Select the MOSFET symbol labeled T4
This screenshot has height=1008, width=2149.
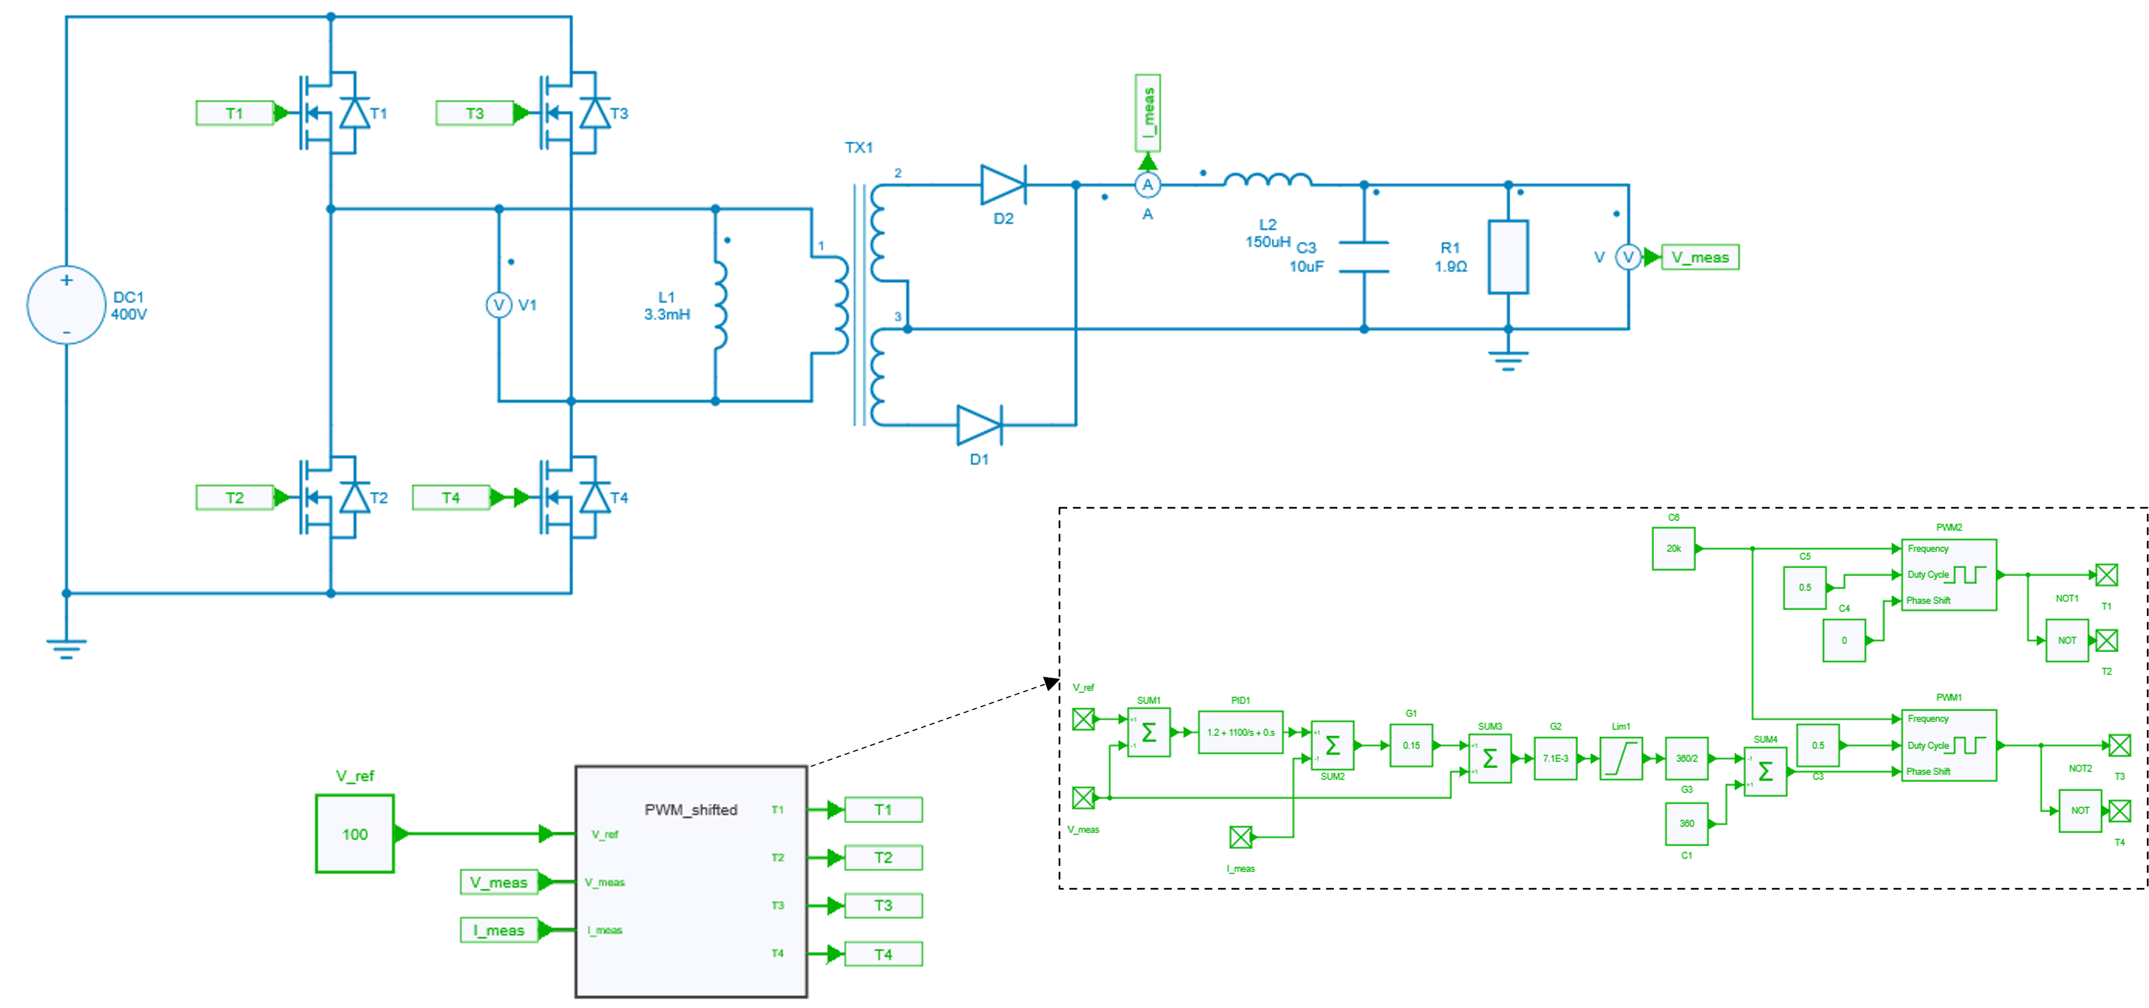pos(572,498)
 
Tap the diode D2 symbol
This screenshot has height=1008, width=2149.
pos(1002,184)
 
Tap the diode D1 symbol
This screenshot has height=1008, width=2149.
pos(979,425)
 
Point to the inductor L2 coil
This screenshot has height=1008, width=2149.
pos(1267,179)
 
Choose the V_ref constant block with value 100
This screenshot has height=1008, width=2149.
pos(355,833)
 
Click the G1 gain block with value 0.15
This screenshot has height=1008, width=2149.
pos(1411,745)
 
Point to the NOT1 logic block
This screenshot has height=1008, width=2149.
pos(2066,640)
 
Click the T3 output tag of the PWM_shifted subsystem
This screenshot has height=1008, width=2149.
pos(883,905)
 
